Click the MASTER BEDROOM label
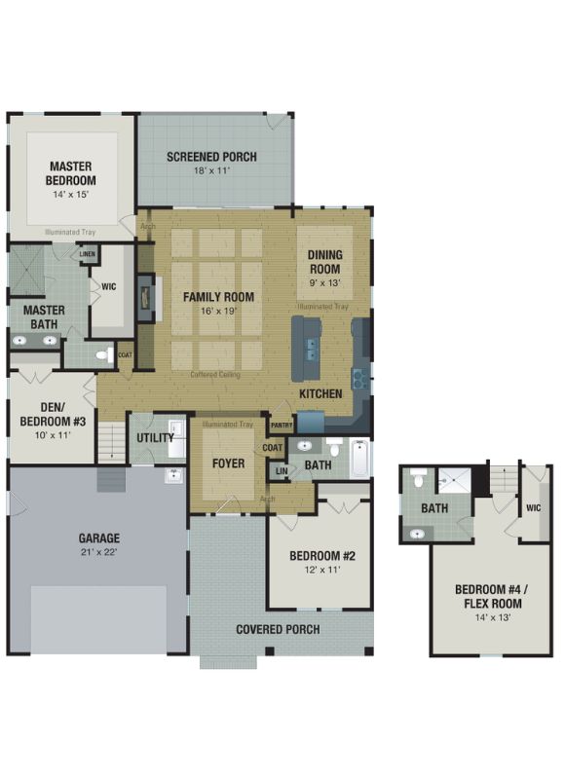(x=72, y=173)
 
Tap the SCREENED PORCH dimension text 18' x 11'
(x=210, y=171)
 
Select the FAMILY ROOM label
(x=219, y=297)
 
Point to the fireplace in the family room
(x=146, y=297)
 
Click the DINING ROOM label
(x=324, y=262)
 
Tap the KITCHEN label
(x=320, y=393)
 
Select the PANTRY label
(x=282, y=425)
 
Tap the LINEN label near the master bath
(x=88, y=254)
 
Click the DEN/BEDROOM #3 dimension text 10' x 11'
(x=53, y=436)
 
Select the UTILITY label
(x=155, y=437)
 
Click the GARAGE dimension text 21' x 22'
(x=98, y=553)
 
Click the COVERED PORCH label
(x=278, y=629)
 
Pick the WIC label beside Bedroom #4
(x=533, y=507)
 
